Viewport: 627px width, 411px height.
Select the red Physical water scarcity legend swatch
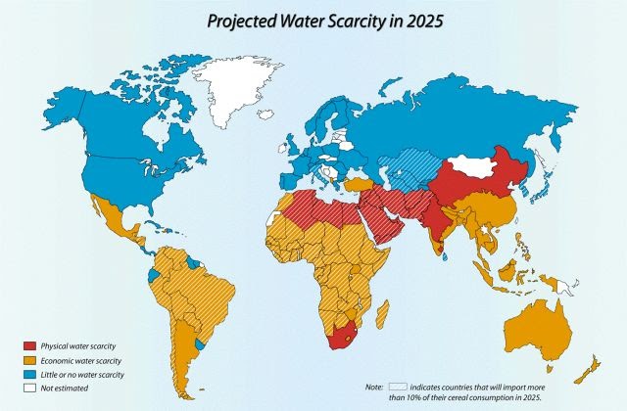point(29,345)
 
